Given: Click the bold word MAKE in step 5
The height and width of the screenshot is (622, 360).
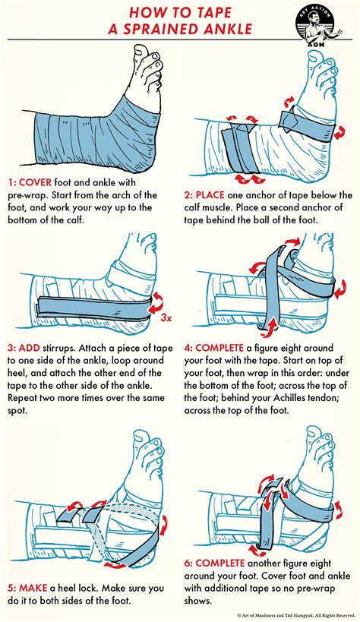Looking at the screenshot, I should click(36, 566).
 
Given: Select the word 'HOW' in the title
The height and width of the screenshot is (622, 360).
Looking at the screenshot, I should click(145, 12).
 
